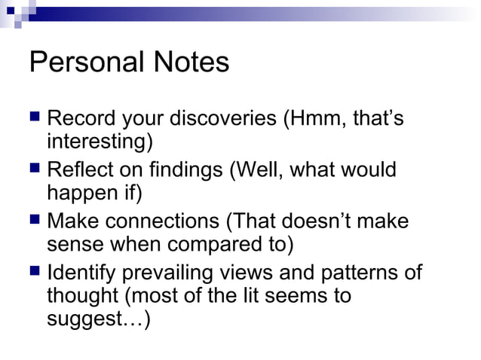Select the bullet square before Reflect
pos(35,169)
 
